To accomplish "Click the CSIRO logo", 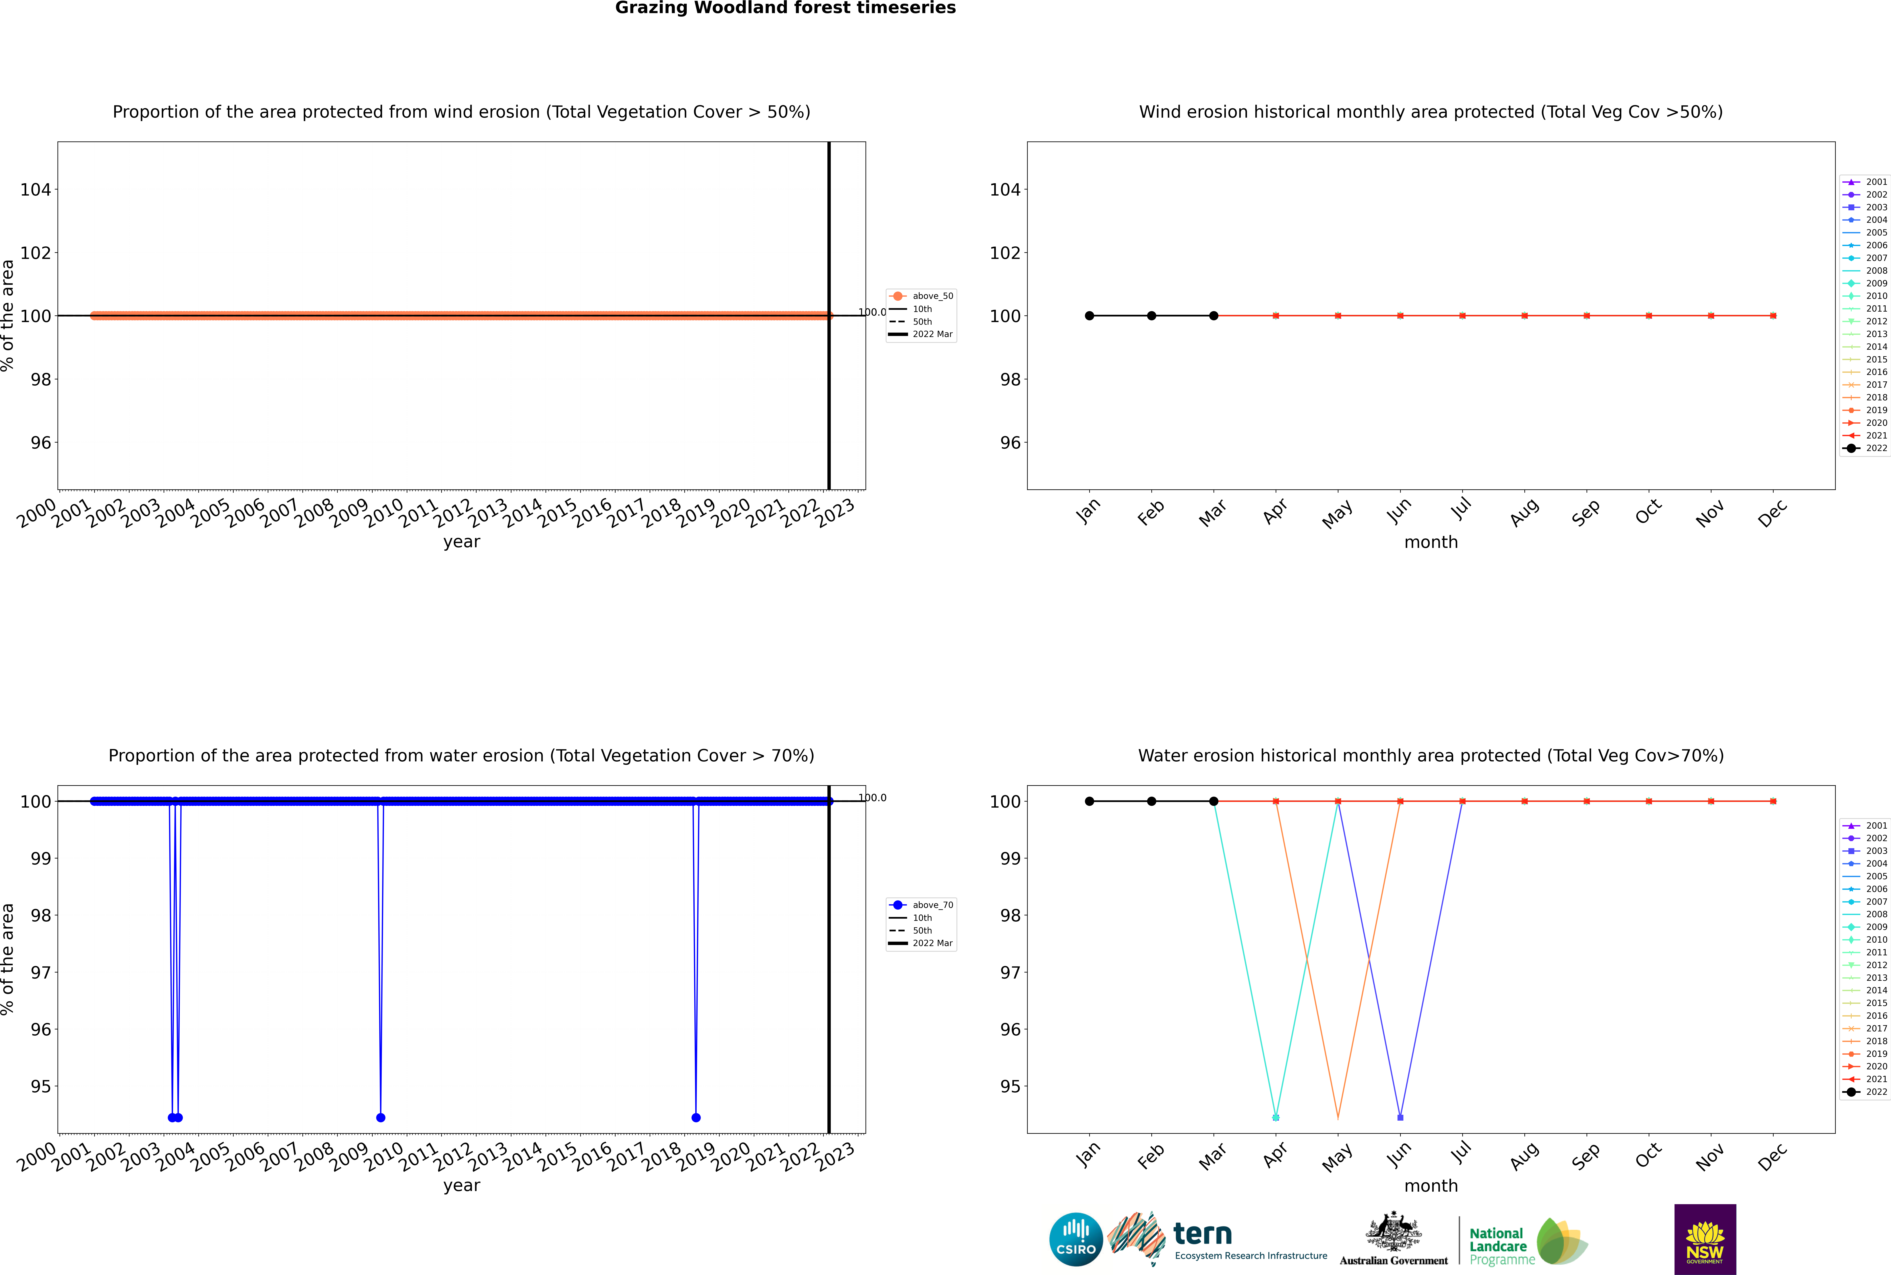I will click(1076, 1239).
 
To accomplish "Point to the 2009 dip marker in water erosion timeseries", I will click(380, 1117).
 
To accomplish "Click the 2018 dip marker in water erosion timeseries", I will click(696, 1117).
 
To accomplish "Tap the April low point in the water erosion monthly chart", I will click(1276, 1117).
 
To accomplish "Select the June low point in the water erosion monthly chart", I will click(1400, 1117).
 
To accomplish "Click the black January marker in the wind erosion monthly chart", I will click(1089, 315).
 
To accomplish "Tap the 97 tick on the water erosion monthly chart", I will click(1010, 972).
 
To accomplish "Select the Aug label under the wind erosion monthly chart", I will click(1524, 512).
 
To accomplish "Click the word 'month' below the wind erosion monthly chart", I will click(1431, 542).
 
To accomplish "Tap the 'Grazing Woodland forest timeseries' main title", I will click(785, 8).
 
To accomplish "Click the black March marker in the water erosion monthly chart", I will click(1214, 801).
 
